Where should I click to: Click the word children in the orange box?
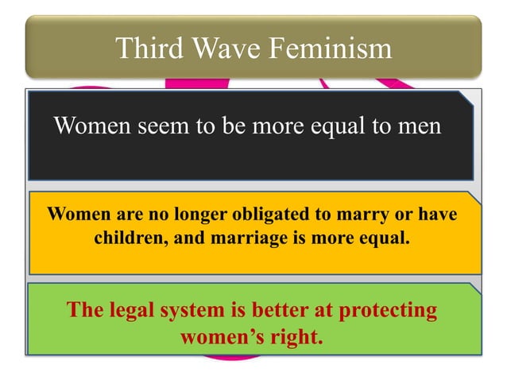click(127, 237)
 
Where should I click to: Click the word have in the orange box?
click(438, 215)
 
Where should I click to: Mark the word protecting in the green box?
click(389, 309)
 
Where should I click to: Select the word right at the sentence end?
click(295, 336)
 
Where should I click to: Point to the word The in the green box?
click(83, 309)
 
